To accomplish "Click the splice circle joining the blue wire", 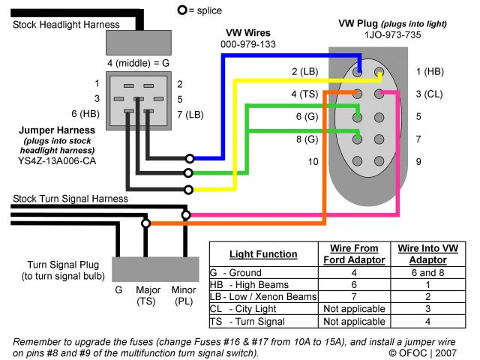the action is tap(190, 158).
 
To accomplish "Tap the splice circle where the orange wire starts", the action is tap(146, 223).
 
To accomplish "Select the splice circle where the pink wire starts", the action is tap(186, 215).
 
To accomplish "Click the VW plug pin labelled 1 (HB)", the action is tap(379, 72).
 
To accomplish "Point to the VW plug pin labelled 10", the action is tap(357, 161).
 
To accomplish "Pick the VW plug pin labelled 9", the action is tap(379, 161).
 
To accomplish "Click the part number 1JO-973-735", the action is tap(392, 35).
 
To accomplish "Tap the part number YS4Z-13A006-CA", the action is tap(57, 160).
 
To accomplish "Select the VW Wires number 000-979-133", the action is tap(248, 44).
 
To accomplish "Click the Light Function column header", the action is tap(263, 254).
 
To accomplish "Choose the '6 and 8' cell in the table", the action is tap(427, 272).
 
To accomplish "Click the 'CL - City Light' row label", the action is tap(243, 309).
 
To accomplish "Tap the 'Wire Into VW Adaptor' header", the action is tap(428, 254).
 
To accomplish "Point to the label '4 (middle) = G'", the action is tap(138, 63).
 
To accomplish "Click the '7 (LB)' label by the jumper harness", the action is tap(190, 115).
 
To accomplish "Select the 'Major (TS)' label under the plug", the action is tap(148, 295).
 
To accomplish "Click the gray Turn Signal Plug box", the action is tap(155, 269).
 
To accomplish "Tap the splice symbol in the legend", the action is tap(182, 10).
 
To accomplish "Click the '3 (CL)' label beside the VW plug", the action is tap(429, 94).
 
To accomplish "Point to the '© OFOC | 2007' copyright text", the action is tap(422, 353).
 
